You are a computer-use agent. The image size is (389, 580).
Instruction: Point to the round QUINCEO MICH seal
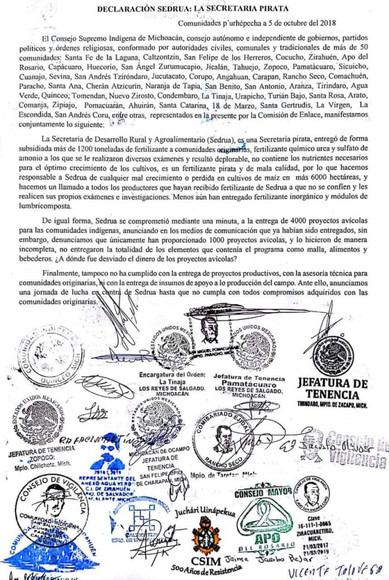[49, 354]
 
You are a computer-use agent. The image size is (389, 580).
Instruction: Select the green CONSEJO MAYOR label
[260, 492]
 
